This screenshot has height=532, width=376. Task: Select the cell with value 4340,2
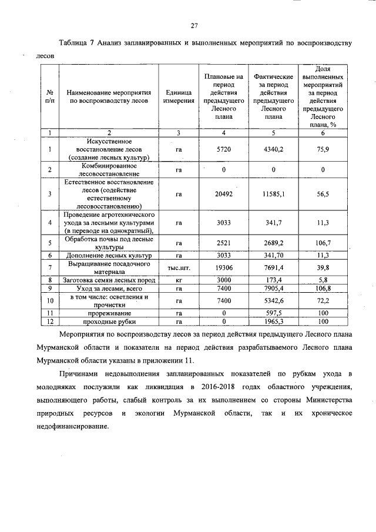tap(274, 149)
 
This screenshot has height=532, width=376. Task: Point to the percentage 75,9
tap(322, 149)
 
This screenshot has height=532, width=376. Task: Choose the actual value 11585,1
tap(274, 193)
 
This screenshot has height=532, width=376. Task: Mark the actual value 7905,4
tap(274, 288)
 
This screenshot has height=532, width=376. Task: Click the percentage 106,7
tap(322, 243)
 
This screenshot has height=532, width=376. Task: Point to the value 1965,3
tap(274, 322)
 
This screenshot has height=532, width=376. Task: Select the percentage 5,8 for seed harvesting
tap(322, 280)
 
